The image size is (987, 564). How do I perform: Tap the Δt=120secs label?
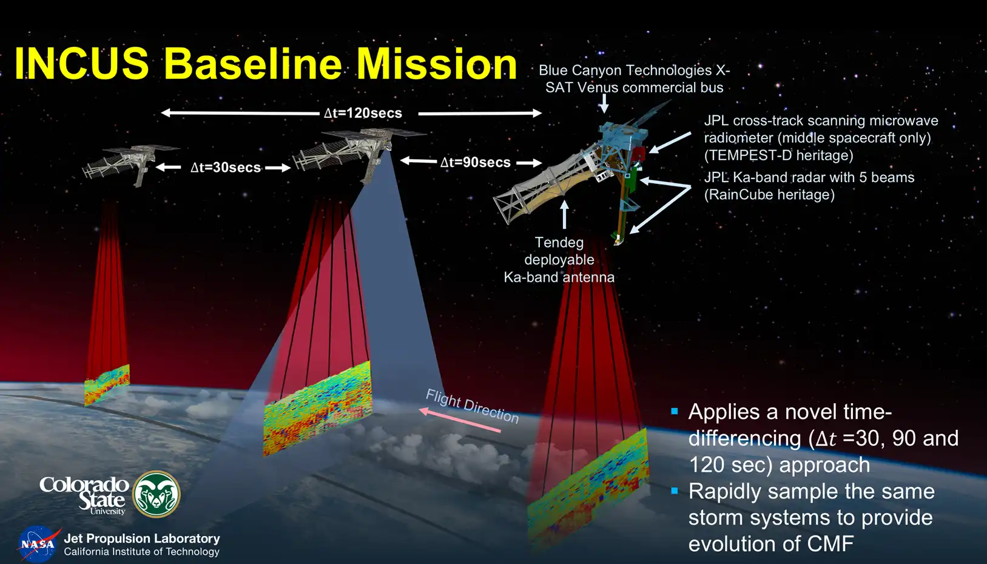(x=363, y=113)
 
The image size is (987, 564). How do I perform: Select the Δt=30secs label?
(x=226, y=167)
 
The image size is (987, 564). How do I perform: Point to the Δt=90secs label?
(x=476, y=162)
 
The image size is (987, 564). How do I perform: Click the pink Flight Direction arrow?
(x=460, y=420)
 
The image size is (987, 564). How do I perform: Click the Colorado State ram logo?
(x=157, y=494)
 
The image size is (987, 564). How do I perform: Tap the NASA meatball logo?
(x=38, y=544)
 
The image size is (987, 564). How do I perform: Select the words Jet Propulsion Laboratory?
(x=142, y=539)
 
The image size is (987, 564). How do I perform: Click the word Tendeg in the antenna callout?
(x=559, y=242)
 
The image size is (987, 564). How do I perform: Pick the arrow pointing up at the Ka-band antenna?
(x=564, y=215)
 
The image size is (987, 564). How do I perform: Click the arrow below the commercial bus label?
(x=604, y=104)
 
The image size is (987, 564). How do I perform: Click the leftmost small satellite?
(x=129, y=165)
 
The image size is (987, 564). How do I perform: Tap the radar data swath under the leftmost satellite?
(x=107, y=385)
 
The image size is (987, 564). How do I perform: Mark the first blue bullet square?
(x=674, y=412)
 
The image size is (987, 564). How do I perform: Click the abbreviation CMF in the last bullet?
(x=830, y=543)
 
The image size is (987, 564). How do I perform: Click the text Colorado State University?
(x=84, y=495)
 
